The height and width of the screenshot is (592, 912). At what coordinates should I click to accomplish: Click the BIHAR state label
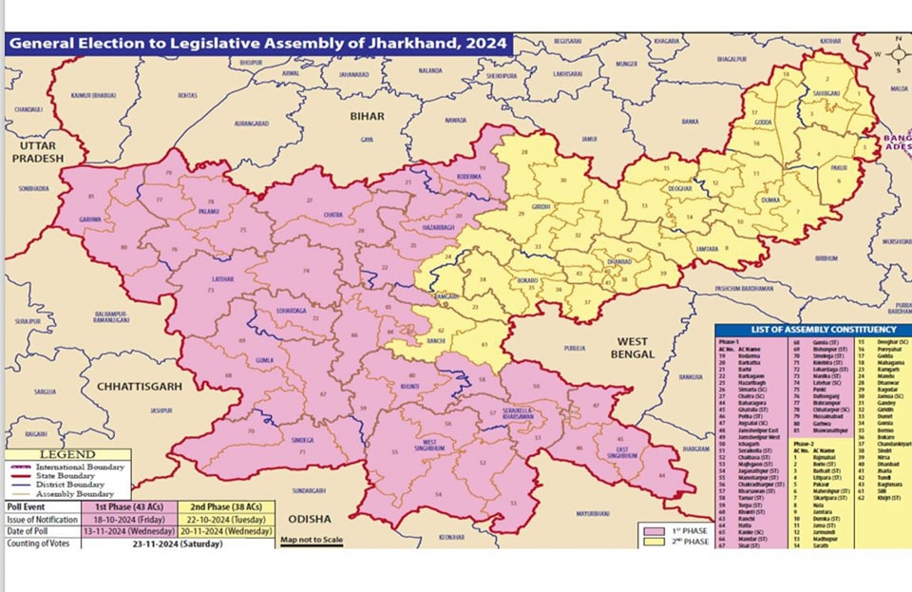tap(368, 116)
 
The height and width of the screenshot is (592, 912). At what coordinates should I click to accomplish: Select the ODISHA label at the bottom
tap(312, 519)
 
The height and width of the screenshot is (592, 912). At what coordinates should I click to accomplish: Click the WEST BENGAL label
tap(634, 347)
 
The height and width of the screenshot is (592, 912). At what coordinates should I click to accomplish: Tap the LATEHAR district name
tap(225, 278)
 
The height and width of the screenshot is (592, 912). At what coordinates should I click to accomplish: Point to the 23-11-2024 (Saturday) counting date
tap(180, 544)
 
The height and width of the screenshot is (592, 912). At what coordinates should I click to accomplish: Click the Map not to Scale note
tap(312, 540)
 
